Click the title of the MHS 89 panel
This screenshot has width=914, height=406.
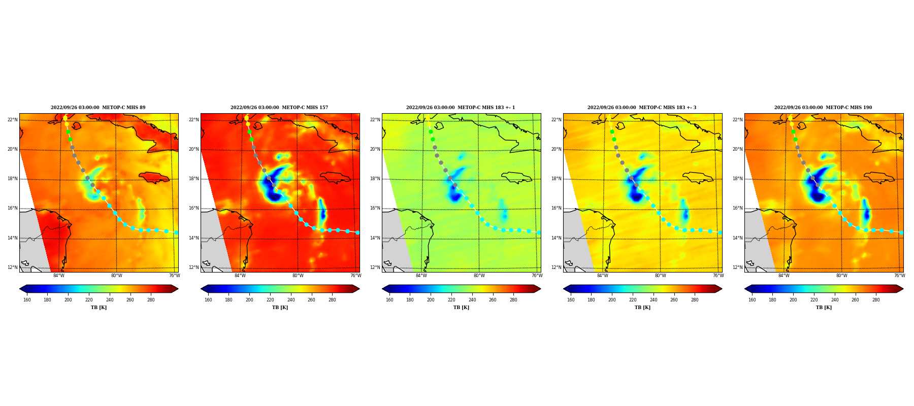(x=98, y=108)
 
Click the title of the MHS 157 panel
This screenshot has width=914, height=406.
(x=279, y=108)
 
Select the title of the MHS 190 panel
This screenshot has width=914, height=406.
(x=823, y=108)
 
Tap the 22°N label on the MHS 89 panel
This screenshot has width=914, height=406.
(x=12, y=120)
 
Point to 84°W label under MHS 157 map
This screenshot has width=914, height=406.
(x=240, y=276)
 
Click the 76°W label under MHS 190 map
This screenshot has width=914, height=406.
(x=899, y=276)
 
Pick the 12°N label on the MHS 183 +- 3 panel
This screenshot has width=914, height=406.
(x=556, y=267)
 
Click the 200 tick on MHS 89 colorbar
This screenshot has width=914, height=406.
(x=68, y=299)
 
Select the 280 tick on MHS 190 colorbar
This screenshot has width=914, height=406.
(x=876, y=299)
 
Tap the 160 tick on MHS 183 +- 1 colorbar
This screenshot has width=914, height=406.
(x=389, y=299)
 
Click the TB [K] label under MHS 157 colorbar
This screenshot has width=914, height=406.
(x=280, y=308)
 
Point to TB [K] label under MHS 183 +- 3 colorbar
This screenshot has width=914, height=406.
(x=642, y=308)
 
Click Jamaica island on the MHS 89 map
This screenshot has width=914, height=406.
(x=154, y=177)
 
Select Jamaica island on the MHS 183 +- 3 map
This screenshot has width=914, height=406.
(x=698, y=177)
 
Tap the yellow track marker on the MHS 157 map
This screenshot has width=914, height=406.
(x=246, y=118)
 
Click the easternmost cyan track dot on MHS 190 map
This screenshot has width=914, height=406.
(x=901, y=232)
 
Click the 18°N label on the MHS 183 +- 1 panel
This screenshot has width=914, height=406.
(x=375, y=179)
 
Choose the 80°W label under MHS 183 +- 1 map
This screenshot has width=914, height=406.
(x=479, y=276)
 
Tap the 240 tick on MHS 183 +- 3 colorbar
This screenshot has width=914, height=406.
(x=654, y=299)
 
